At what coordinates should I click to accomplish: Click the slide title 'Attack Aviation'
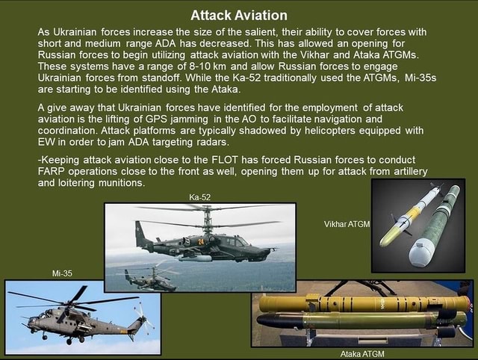point(239,15)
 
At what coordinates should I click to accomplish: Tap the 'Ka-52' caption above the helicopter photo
point(200,197)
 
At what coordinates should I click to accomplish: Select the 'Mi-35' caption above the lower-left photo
point(62,273)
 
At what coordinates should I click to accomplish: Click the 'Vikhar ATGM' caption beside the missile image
point(347,224)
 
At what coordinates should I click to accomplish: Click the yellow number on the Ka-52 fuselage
point(201,240)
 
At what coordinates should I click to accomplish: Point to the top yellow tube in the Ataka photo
point(363,304)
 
